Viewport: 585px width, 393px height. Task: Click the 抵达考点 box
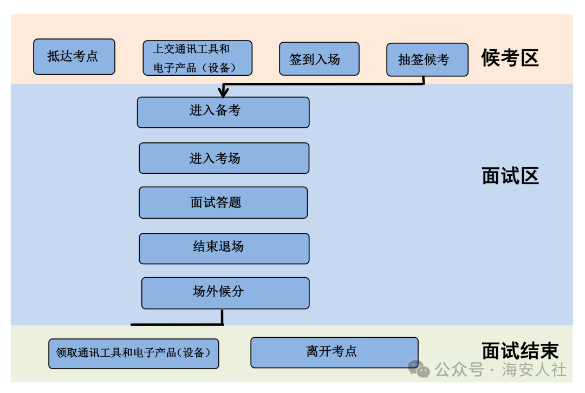(74, 57)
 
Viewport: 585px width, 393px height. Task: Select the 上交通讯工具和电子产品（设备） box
(197, 58)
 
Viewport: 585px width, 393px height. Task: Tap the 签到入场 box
(320, 59)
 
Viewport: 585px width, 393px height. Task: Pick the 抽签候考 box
(427, 60)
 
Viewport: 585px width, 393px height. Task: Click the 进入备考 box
(223, 113)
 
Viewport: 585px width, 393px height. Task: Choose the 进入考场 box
(224, 158)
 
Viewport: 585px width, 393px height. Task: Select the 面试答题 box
(223, 202)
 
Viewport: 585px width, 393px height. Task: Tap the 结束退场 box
(224, 248)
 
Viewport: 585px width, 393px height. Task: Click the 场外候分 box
(225, 293)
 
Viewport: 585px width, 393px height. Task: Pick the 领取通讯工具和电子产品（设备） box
(134, 353)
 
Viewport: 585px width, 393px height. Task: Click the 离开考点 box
(334, 352)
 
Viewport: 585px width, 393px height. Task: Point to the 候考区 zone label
(510, 58)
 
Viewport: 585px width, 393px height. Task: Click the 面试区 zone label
(510, 176)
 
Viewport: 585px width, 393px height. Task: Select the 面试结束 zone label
(520, 351)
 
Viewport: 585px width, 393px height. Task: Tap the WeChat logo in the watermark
(419, 369)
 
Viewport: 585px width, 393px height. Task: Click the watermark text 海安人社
(534, 370)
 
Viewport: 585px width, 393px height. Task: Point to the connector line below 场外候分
(178, 324)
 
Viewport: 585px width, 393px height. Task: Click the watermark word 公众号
(459, 370)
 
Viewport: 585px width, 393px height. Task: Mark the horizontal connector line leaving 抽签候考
(323, 84)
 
